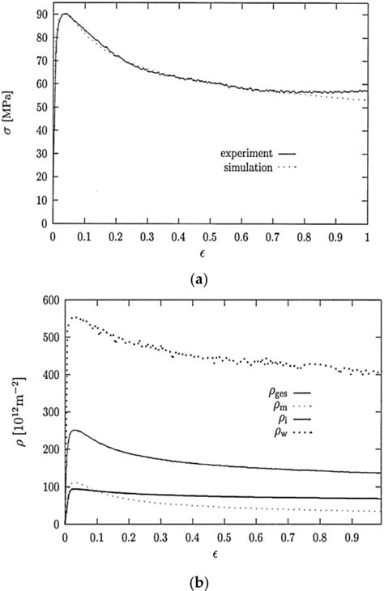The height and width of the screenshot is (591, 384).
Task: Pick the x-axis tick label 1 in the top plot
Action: tap(367, 239)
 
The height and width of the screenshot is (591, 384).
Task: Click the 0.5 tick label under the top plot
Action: tap(210, 239)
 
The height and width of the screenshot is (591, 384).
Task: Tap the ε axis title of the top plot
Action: tap(210, 257)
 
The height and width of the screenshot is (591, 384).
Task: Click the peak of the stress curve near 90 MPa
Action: tap(66, 14)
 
